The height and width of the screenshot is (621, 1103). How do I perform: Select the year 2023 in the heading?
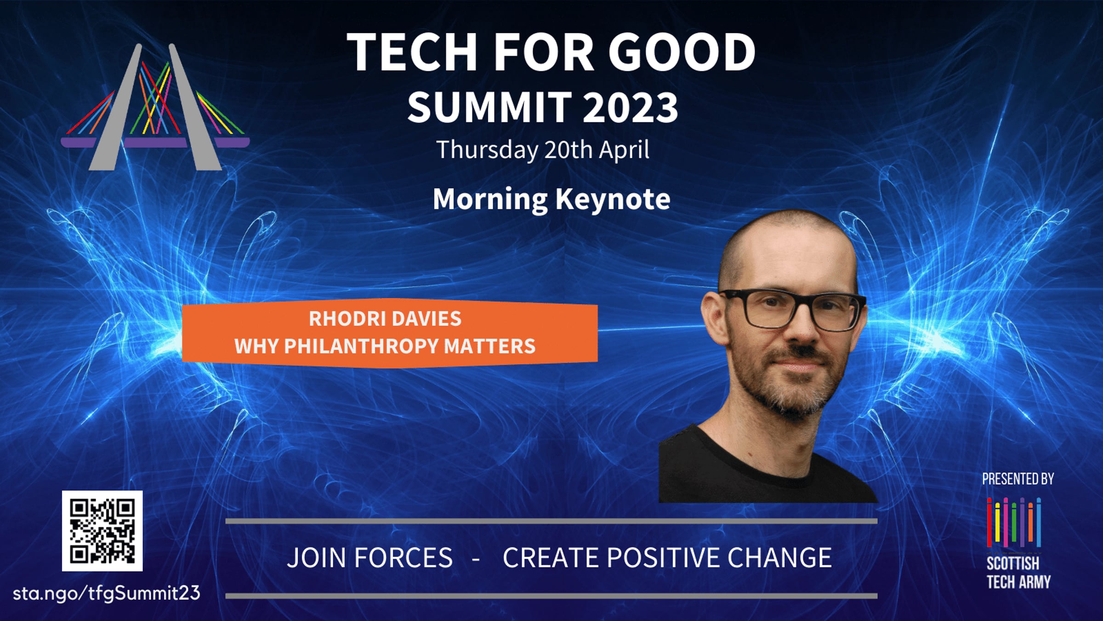[631, 108]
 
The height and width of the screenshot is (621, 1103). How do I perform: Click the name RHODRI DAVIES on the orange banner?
[385, 319]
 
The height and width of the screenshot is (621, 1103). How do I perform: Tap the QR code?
[102, 531]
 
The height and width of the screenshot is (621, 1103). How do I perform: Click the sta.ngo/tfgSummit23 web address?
[107, 593]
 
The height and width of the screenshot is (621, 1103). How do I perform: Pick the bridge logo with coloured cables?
[155, 107]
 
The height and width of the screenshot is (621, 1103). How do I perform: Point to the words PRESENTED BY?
[1018, 479]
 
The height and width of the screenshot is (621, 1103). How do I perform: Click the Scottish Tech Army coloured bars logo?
[1014, 523]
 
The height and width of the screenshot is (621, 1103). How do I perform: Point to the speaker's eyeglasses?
[793, 309]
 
